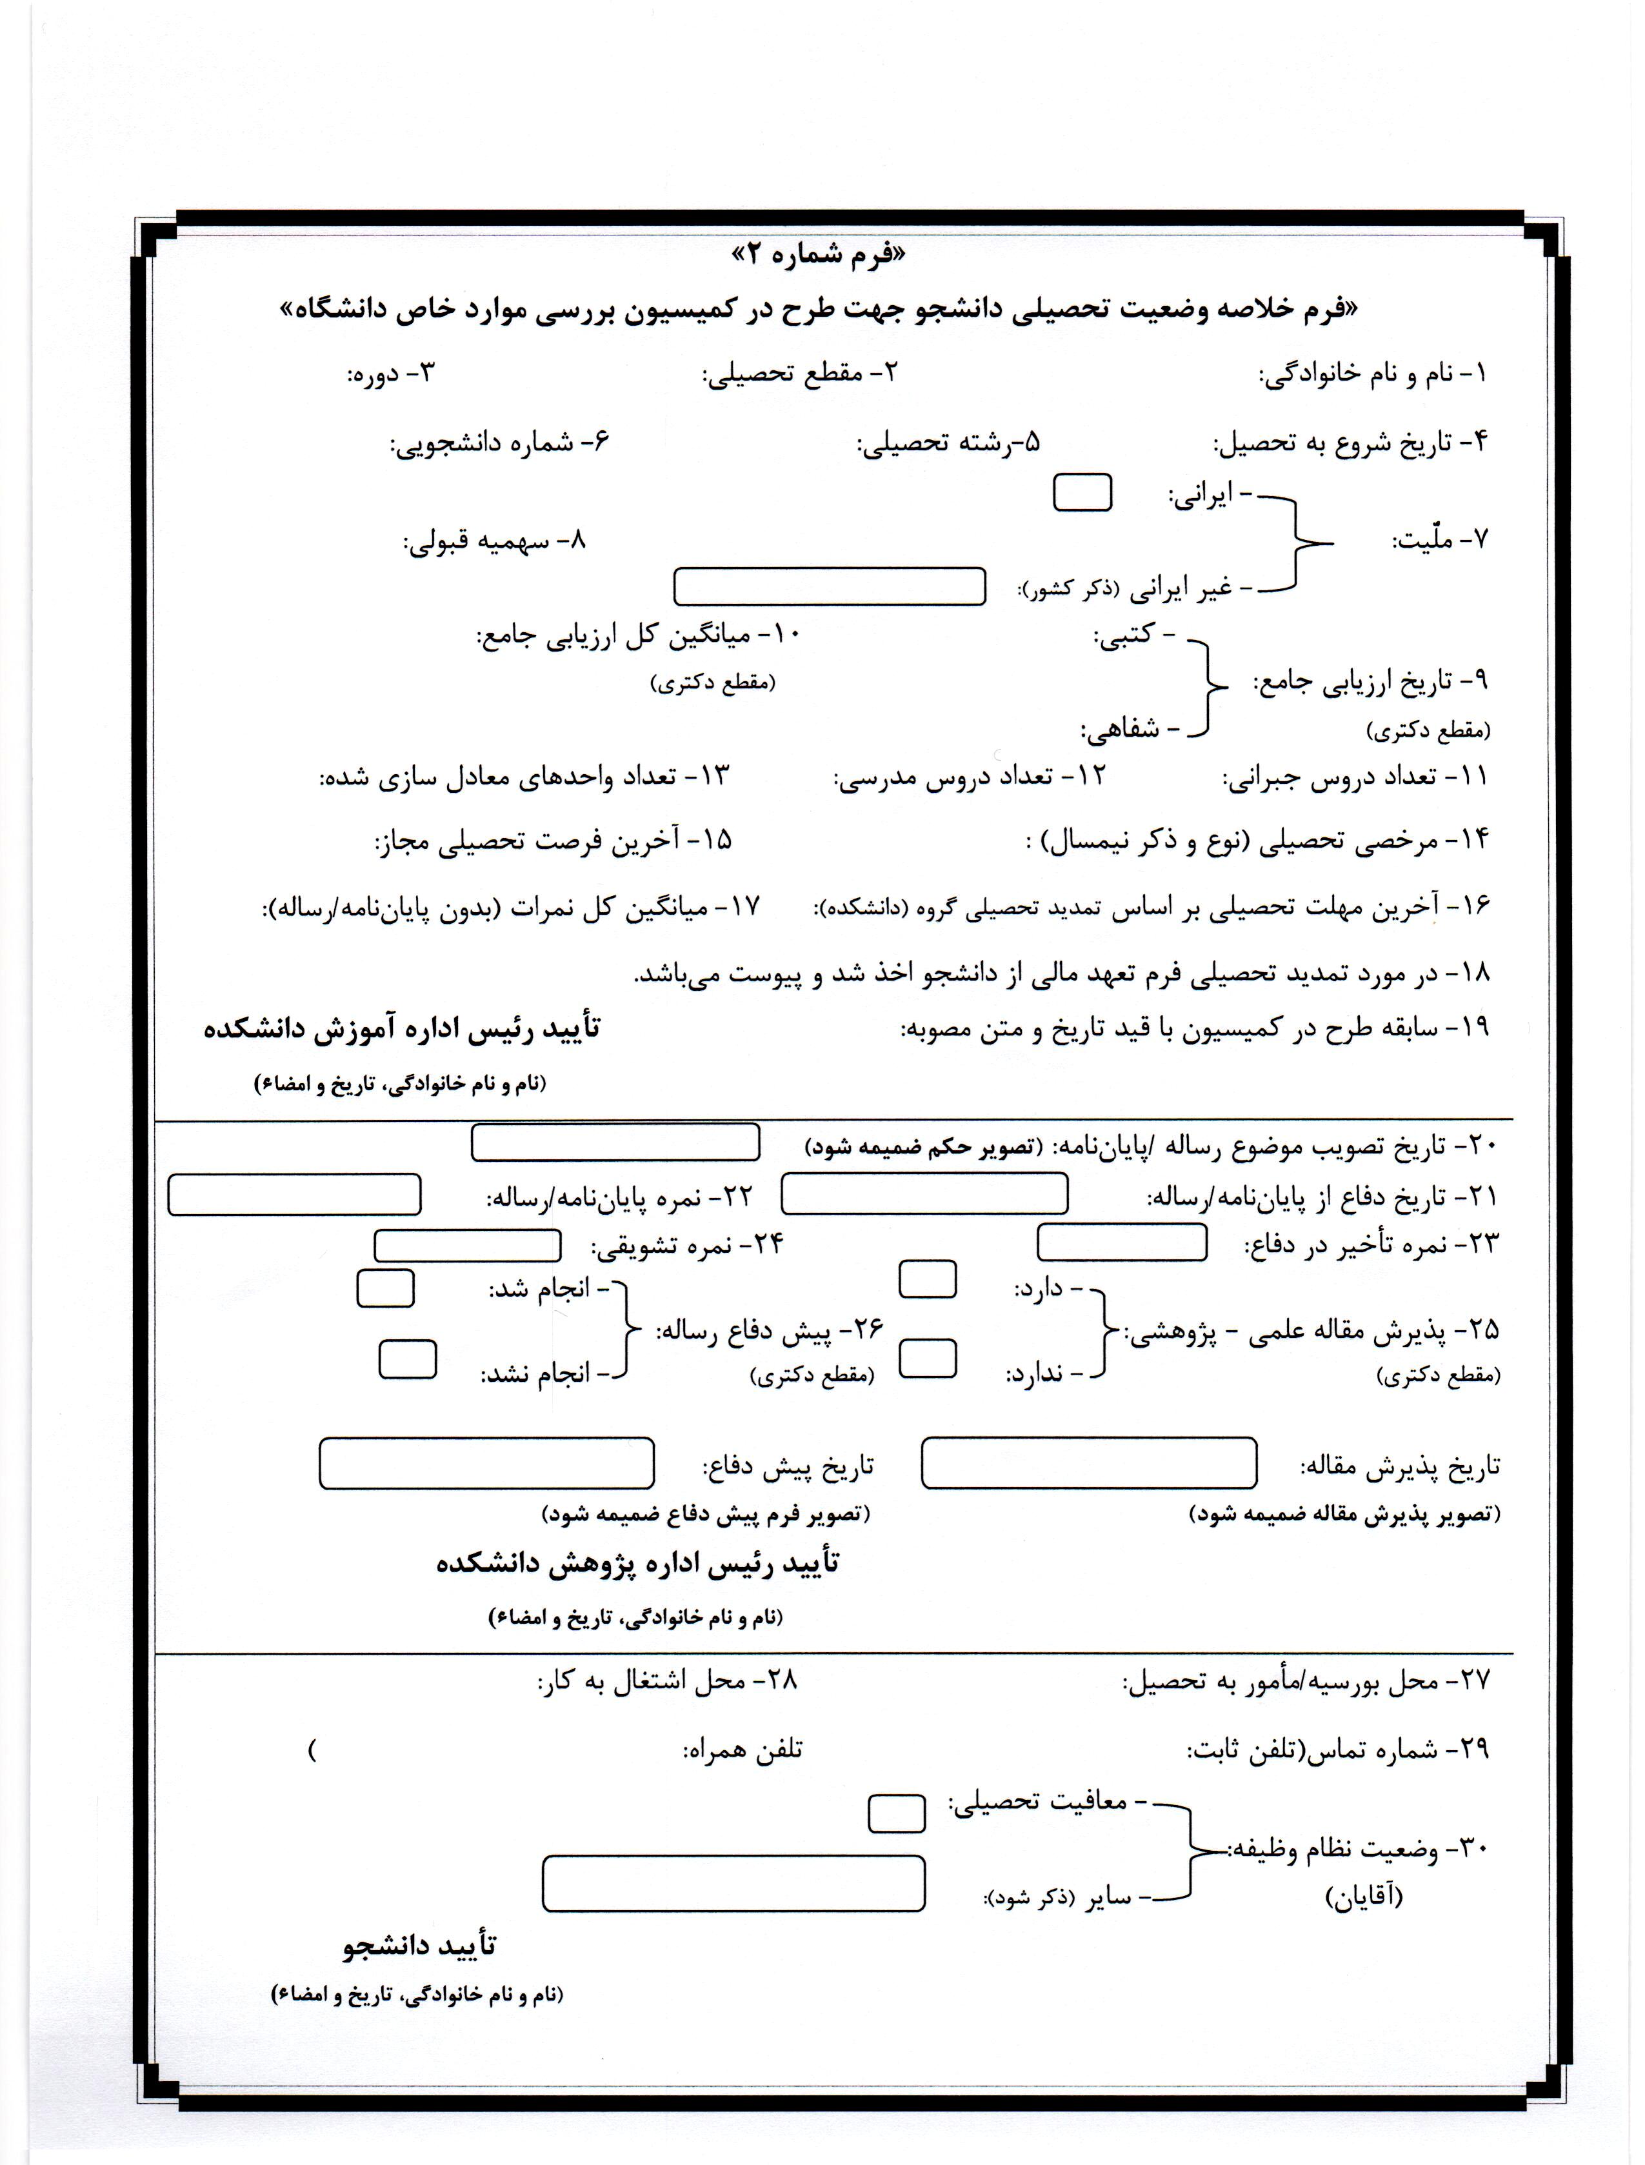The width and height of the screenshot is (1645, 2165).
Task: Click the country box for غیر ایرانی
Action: click(x=830, y=586)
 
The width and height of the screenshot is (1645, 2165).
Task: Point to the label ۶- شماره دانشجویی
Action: click(x=501, y=444)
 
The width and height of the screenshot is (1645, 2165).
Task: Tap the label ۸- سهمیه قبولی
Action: click(x=495, y=541)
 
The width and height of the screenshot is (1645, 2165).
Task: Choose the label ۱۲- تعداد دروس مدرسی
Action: click(x=970, y=779)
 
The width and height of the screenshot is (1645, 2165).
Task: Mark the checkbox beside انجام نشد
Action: click(x=407, y=1360)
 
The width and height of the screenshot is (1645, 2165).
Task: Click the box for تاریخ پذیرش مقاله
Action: click(x=1089, y=1464)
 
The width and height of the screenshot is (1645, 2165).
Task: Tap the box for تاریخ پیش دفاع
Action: click(x=486, y=1464)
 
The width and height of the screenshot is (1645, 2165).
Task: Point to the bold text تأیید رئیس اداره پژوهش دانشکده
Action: click(x=637, y=1564)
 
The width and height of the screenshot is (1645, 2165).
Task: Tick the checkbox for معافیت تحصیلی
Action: click(x=896, y=1813)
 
